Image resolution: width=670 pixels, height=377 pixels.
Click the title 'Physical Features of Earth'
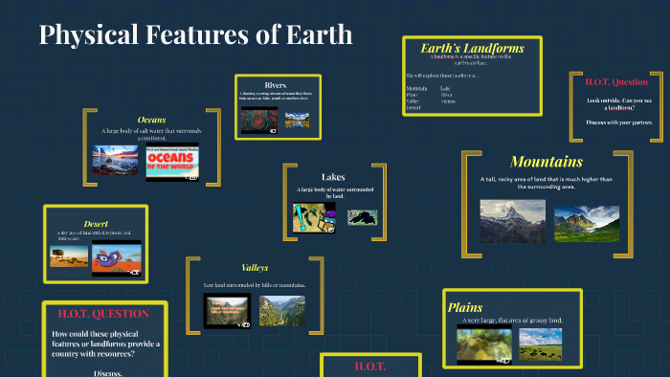(x=196, y=36)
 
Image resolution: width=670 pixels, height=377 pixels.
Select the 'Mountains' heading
(x=547, y=161)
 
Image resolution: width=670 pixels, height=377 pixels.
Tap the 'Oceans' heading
(x=151, y=120)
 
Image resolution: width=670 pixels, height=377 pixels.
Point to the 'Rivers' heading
(x=275, y=85)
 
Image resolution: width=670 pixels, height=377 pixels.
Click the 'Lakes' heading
(x=333, y=177)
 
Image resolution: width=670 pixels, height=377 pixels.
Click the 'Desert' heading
(x=96, y=224)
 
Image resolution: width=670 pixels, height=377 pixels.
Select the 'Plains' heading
(x=465, y=307)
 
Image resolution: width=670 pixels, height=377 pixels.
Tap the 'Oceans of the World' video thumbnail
(x=172, y=163)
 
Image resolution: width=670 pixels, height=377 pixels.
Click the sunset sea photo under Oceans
(x=116, y=161)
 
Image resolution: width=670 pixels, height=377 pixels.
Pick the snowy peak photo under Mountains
(x=512, y=219)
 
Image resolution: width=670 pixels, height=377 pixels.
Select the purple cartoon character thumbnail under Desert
(x=117, y=258)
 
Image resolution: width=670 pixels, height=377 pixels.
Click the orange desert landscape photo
(x=69, y=256)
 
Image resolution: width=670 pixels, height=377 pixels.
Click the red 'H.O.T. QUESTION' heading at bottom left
(x=102, y=314)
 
